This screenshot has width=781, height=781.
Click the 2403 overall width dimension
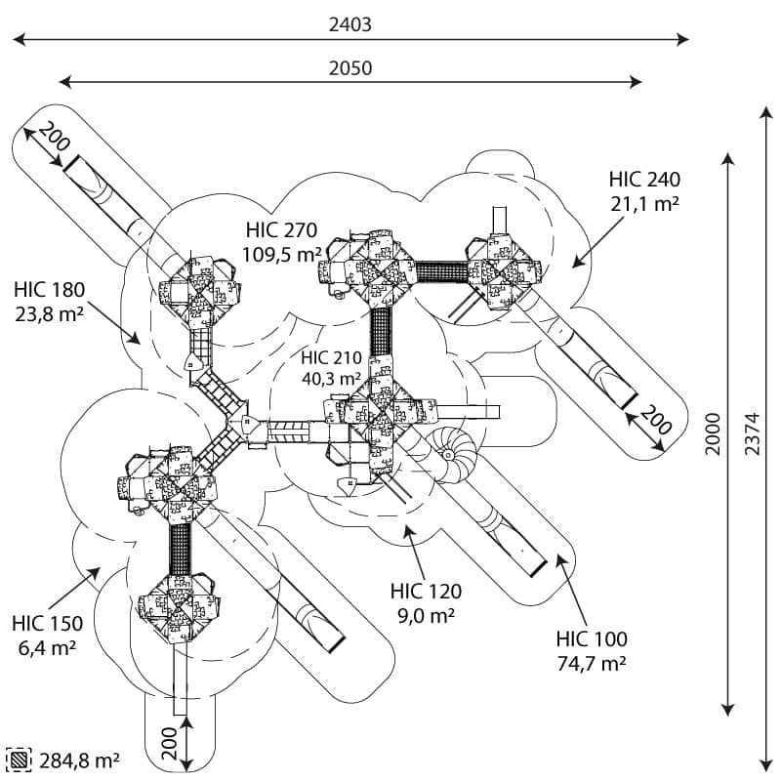(x=350, y=25)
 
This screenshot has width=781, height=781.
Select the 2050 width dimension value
(x=350, y=68)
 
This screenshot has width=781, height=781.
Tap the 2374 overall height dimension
(x=753, y=433)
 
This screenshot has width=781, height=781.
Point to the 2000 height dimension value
(x=713, y=433)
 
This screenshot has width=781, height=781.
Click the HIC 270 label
(x=281, y=230)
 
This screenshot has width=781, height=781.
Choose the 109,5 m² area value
(x=281, y=254)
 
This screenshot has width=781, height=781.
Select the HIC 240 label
(x=644, y=180)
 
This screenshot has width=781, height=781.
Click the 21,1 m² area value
(x=644, y=203)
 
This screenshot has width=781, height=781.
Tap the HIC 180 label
(x=50, y=289)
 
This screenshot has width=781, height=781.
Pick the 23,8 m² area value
(x=50, y=313)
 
